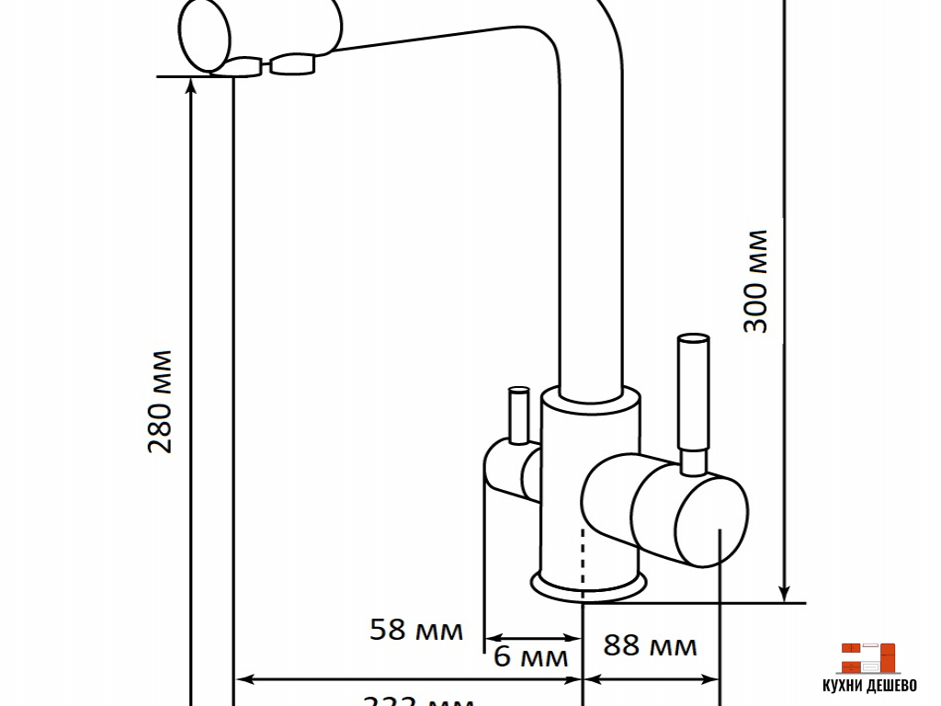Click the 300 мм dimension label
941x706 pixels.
(755, 281)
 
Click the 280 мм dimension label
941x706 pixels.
(161, 401)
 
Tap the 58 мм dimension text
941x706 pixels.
(415, 630)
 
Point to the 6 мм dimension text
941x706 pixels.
(531, 657)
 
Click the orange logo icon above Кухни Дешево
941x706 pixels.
(867, 658)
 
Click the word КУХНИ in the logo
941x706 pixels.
(844, 686)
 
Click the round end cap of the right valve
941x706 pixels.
(711, 523)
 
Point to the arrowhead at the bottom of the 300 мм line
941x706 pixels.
(784, 593)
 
